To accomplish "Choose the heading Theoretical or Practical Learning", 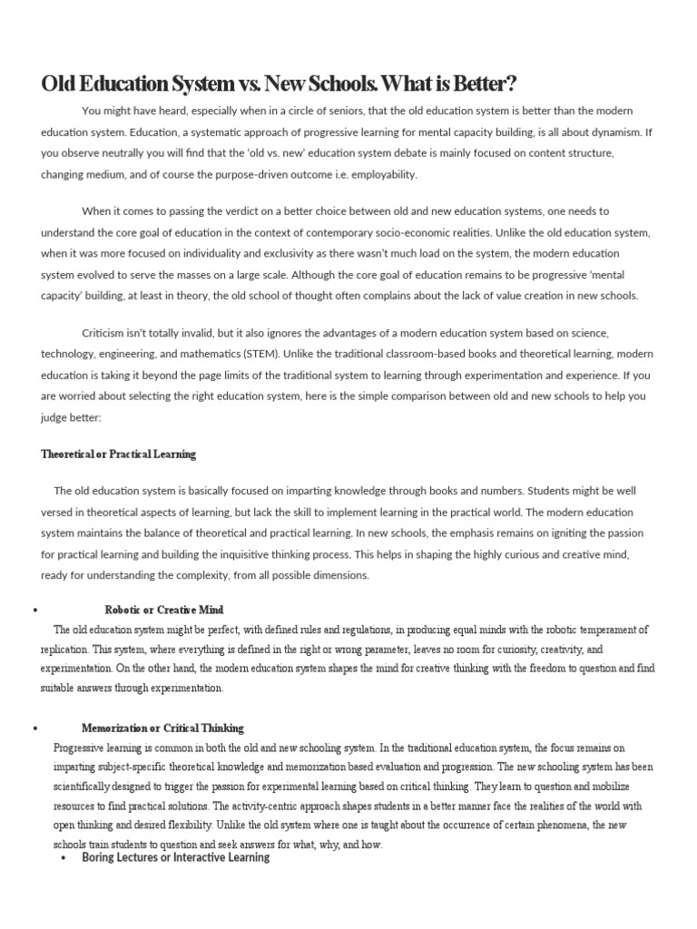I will coord(118,454).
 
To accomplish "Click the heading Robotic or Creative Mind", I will coord(164,610).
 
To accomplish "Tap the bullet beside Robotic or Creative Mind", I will coord(34,611).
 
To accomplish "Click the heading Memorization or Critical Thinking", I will coord(162,728).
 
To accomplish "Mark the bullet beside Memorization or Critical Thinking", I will coord(34,729).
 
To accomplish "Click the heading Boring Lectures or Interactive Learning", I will coord(175,857).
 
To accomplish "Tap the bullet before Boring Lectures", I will coord(62,858).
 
